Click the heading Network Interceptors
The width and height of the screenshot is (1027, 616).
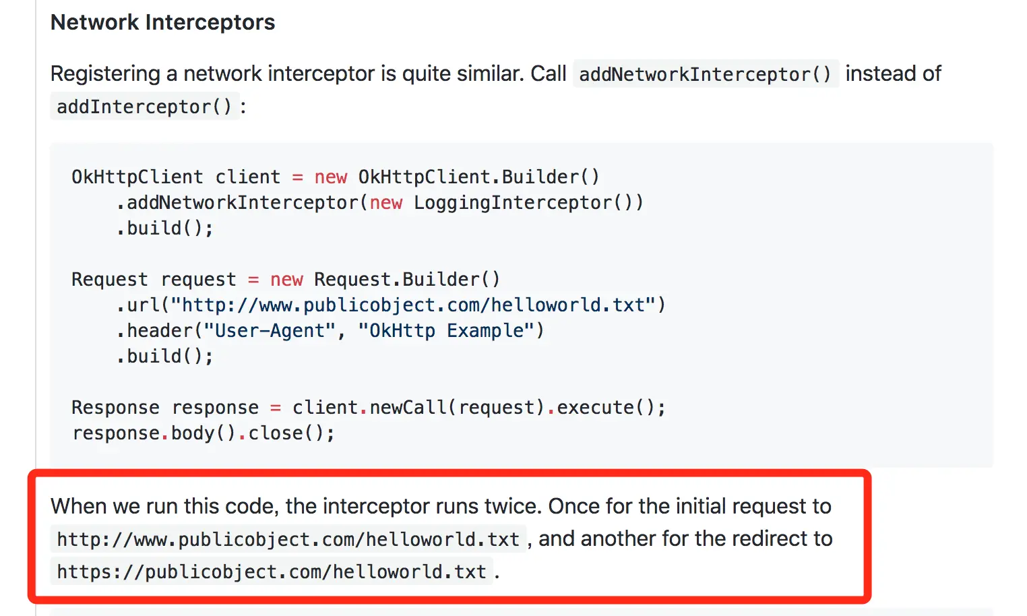(162, 22)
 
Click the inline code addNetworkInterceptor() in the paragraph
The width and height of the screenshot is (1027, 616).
(705, 74)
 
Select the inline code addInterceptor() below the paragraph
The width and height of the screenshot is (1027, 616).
(144, 106)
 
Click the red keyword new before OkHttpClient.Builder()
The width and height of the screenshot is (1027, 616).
(330, 177)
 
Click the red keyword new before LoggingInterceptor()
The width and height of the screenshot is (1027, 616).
(385, 202)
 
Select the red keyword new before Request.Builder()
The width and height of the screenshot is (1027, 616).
(286, 279)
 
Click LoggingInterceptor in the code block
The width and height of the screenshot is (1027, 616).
(512, 202)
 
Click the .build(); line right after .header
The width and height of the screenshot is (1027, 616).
(165, 356)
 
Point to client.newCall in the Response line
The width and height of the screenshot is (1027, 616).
(369, 407)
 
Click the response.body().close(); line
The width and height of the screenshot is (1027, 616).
(203, 433)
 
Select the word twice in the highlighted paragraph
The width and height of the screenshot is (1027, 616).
(511, 506)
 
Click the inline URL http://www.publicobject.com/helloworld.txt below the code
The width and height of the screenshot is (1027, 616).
(288, 539)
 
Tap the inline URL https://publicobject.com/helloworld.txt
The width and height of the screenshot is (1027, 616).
(271, 572)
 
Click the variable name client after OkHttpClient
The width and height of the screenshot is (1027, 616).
(247, 177)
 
